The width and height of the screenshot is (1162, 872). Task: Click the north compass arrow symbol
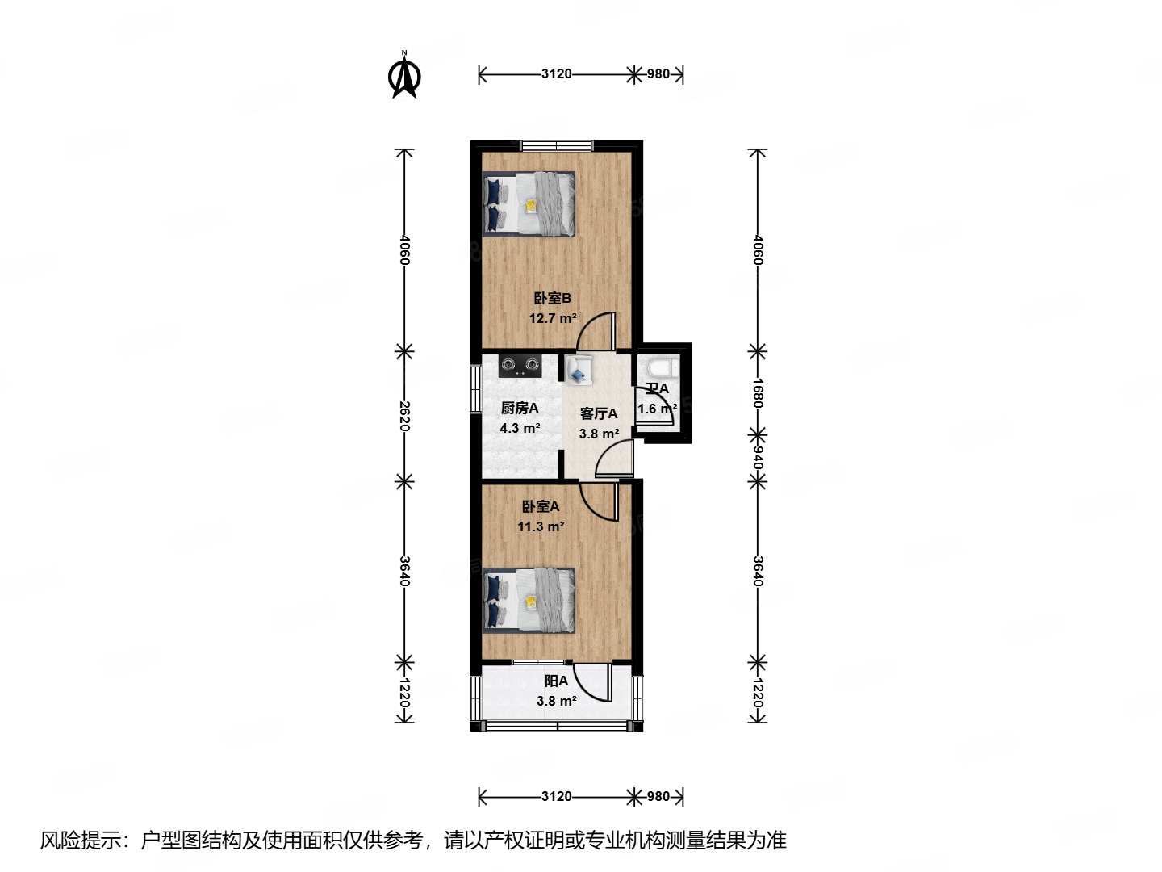pyautogui.click(x=404, y=76)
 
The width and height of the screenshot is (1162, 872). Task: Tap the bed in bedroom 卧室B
pyautogui.click(x=529, y=203)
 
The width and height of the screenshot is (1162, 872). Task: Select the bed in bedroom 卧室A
pyautogui.click(x=529, y=600)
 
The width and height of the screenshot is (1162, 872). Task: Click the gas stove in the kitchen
pyautogui.click(x=519, y=366)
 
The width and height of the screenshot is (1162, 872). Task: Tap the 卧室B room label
pyautogui.click(x=552, y=298)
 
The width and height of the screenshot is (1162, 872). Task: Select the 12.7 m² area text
pyautogui.click(x=552, y=318)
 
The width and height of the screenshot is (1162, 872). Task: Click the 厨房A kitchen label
pyautogui.click(x=519, y=408)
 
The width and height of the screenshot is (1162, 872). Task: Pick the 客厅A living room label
pyautogui.click(x=599, y=413)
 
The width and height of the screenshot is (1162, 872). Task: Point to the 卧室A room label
pyautogui.click(x=540, y=506)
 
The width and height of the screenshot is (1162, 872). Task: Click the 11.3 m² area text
pyautogui.click(x=540, y=526)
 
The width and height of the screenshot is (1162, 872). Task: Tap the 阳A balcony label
pyautogui.click(x=556, y=681)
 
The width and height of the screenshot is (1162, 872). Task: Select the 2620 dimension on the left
pyautogui.click(x=404, y=416)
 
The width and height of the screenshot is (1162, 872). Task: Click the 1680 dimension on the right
pyautogui.click(x=757, y=392)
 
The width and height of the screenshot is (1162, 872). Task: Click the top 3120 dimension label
pyautogui.click(x=556, y=73)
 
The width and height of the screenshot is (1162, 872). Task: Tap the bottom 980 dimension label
pyautogui.click(x=658, y=797)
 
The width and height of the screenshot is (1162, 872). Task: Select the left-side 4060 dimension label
pyautogui.click(x=404, y=249)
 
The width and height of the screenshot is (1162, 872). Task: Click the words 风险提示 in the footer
pyautogui.click(x=81, y=841)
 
